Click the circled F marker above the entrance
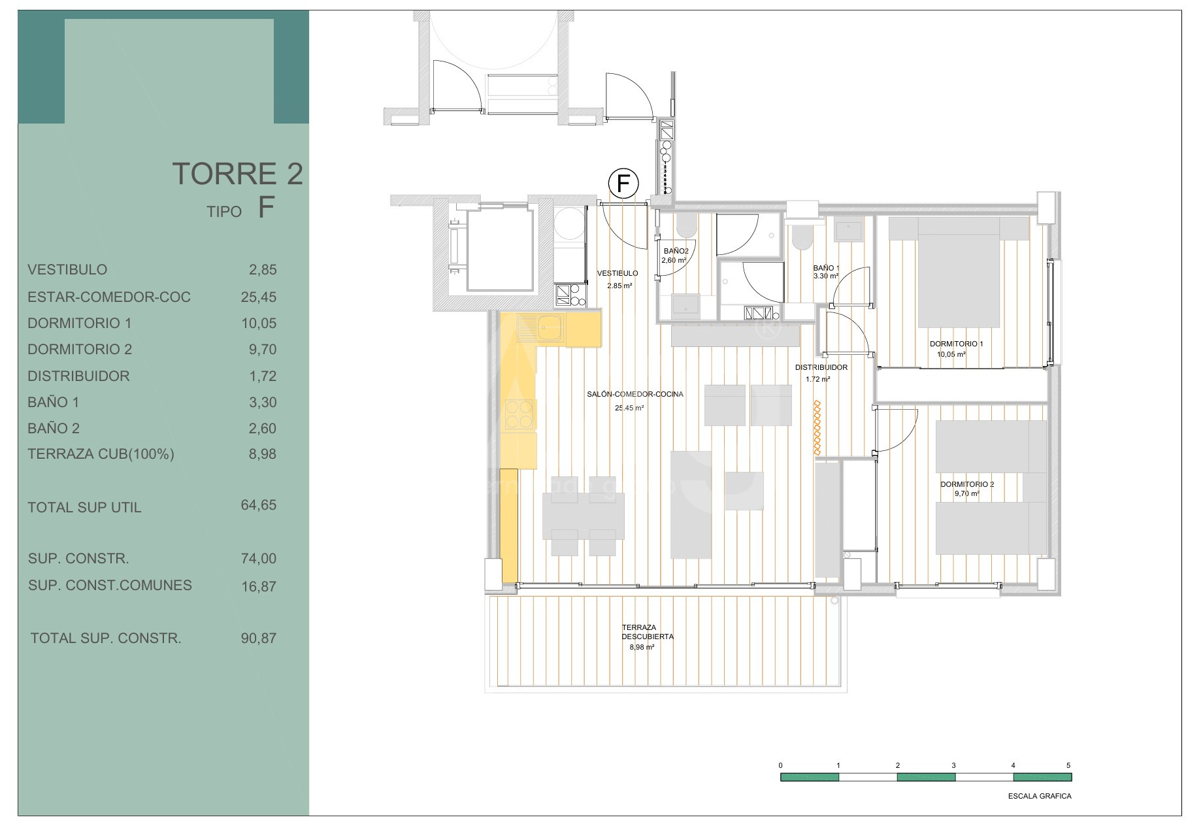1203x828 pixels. coord(623,184)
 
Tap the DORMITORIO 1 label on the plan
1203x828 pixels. coord(956,344)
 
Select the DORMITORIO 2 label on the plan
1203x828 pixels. coord(967,484)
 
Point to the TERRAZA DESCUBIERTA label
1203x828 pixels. coord(648,632)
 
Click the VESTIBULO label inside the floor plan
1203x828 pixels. coord(618,273)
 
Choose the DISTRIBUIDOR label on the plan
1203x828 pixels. coord(821,367)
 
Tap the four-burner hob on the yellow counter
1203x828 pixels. coord(519,414)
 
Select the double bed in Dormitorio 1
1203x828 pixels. coord(959,272)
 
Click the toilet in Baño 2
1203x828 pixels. coord(686,227)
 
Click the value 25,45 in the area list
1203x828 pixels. coord(259,297)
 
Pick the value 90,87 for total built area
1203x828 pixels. coord(259,638)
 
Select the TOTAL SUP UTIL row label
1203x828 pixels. coord(84,508)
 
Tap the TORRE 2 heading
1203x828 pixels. coord(238,174)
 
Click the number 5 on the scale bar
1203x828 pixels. coord(1068,765)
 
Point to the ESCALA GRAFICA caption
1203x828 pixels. coord(1040,796)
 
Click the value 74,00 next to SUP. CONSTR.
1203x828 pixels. coord(259,559)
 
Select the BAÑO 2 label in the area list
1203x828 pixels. coord(54,429)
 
